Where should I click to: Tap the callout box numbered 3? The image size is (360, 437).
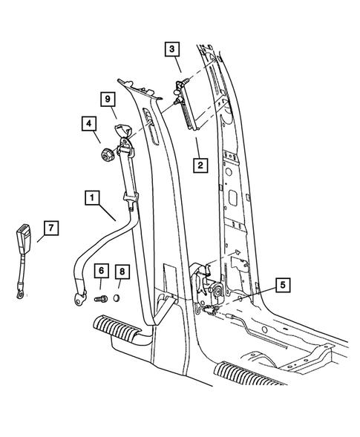coord(172,50)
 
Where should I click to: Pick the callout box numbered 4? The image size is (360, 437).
coord(88,124)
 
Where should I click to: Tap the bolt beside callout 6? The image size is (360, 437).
coord(102,299)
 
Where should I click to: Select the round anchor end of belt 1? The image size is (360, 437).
coord(76,300)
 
